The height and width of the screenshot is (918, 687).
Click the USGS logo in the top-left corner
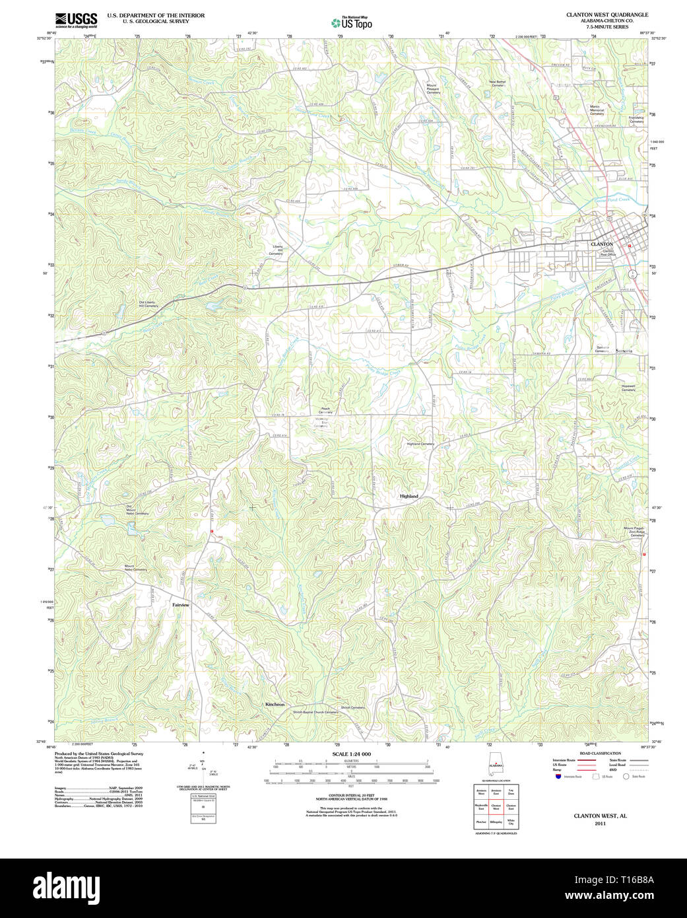pyautogui.click(x=76, y=18)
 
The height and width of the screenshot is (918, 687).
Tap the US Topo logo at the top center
pyautogui.click(x=351, y=23)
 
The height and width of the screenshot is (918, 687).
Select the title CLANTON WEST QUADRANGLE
pyautogui.click(x=606, y=15)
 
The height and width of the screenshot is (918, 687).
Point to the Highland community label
pyautogui.click(x=409, y=495)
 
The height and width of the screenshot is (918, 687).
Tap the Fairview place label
pyautogui.click(x=181, y=605)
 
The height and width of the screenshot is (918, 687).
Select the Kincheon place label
pyautogui.click(x=275, y=705)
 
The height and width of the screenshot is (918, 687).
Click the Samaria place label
pyautogui.click(x=624, y=351)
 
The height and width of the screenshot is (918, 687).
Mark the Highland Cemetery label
pyautogui.click(x=420, y=444)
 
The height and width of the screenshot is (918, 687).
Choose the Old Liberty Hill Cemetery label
pyautogui.click(x=148, y=304)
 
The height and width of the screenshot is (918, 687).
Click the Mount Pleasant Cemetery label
pyautogui.click(x=433, y=88)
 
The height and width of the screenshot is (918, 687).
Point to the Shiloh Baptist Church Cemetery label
pyautogui.click(x=315, y=712)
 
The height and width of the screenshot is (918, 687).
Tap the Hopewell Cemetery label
pyautogui.click(x=628, y=388)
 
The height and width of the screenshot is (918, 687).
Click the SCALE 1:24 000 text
pyautogui.click(x=352, y=754)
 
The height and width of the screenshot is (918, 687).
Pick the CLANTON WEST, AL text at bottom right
pyautogui.click(x=600, y=816)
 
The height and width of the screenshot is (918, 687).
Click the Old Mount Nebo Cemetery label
pyautogui.click(x=137, y=510)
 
